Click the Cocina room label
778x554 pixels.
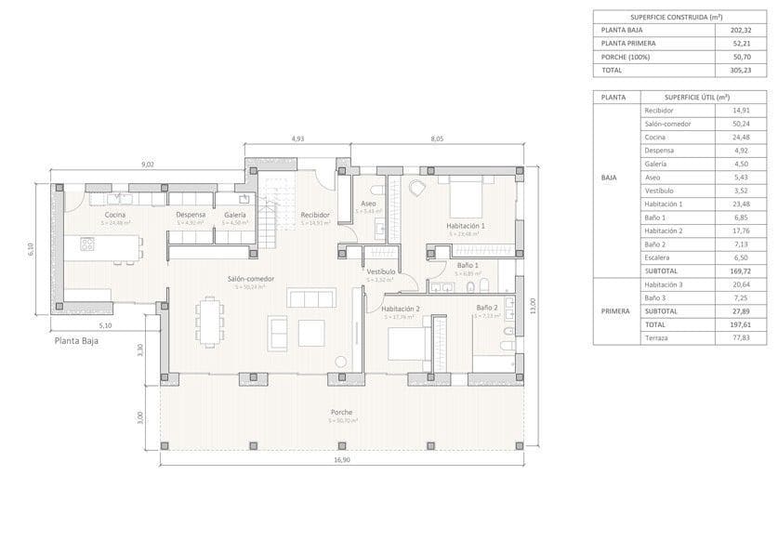click(x=115, y=215)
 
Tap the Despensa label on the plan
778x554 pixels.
click(x=191, y=215)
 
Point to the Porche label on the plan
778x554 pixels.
click(x=341, y=412)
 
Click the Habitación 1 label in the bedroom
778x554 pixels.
click(x=466, y=226)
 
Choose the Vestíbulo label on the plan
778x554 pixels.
click(x=381, y=271)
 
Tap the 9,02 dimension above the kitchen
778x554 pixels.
click(x=147, y=165)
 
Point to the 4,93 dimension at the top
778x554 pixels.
click(x=297, y=138)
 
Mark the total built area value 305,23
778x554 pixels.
click(x=729, y=69)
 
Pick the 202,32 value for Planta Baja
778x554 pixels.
click(x=729, y=30)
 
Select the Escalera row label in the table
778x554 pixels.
click(x=659, y=257)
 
